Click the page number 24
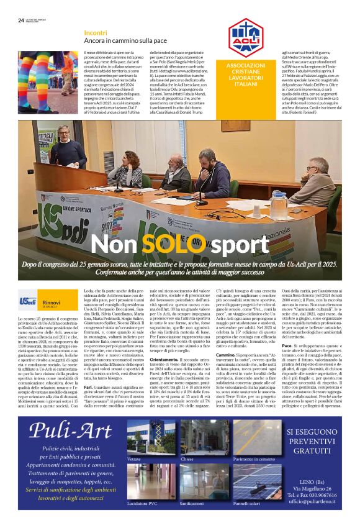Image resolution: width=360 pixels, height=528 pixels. [x=20, y=20]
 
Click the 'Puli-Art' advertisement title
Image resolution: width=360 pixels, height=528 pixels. [x=69, y=412]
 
